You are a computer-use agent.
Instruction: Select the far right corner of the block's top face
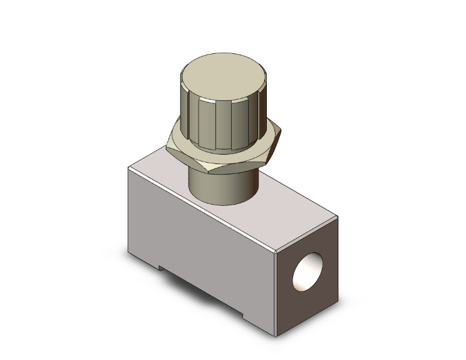pos(338,217)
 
